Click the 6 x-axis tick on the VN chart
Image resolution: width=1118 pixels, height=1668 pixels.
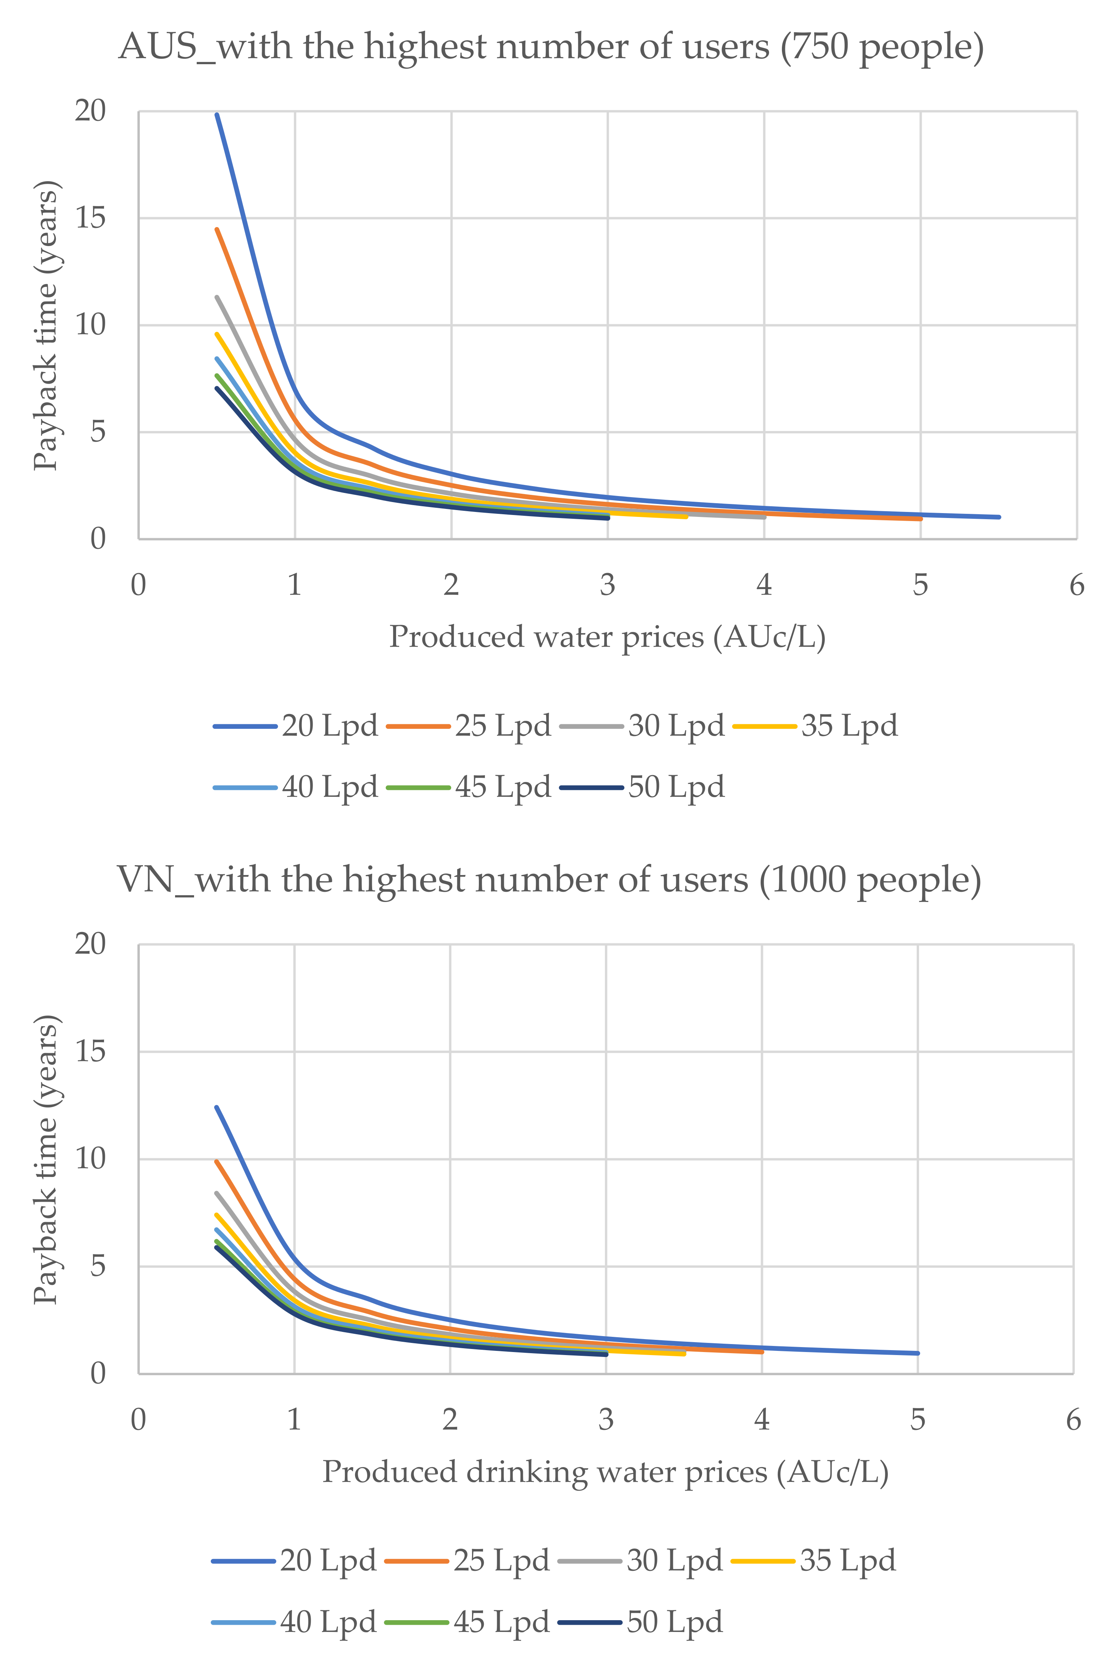pyautogui.click(x=1073, y=1419)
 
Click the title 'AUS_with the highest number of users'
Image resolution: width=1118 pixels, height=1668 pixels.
pyautogui.click(x=551, y=47)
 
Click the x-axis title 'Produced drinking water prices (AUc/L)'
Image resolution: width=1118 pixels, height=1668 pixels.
pyautogui.click(x=605, y=1471)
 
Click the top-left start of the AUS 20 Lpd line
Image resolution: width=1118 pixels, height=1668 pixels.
pyautogui.click(x=217, y=114)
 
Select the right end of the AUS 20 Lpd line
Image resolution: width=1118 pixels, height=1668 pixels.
pyautogui.click(x=999, y=517)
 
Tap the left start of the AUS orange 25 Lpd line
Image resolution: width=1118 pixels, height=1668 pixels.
pyautogui.click(x=217, y=230)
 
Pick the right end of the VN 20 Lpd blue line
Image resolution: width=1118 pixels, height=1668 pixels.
pyautogui.click(x=917, y=1353)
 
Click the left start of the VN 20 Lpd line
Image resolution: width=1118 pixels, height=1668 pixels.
pyautogui.click(x=217, y=1107)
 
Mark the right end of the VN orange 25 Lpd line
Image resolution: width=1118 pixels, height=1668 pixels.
pyautogui.click(x=761, y=1351)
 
